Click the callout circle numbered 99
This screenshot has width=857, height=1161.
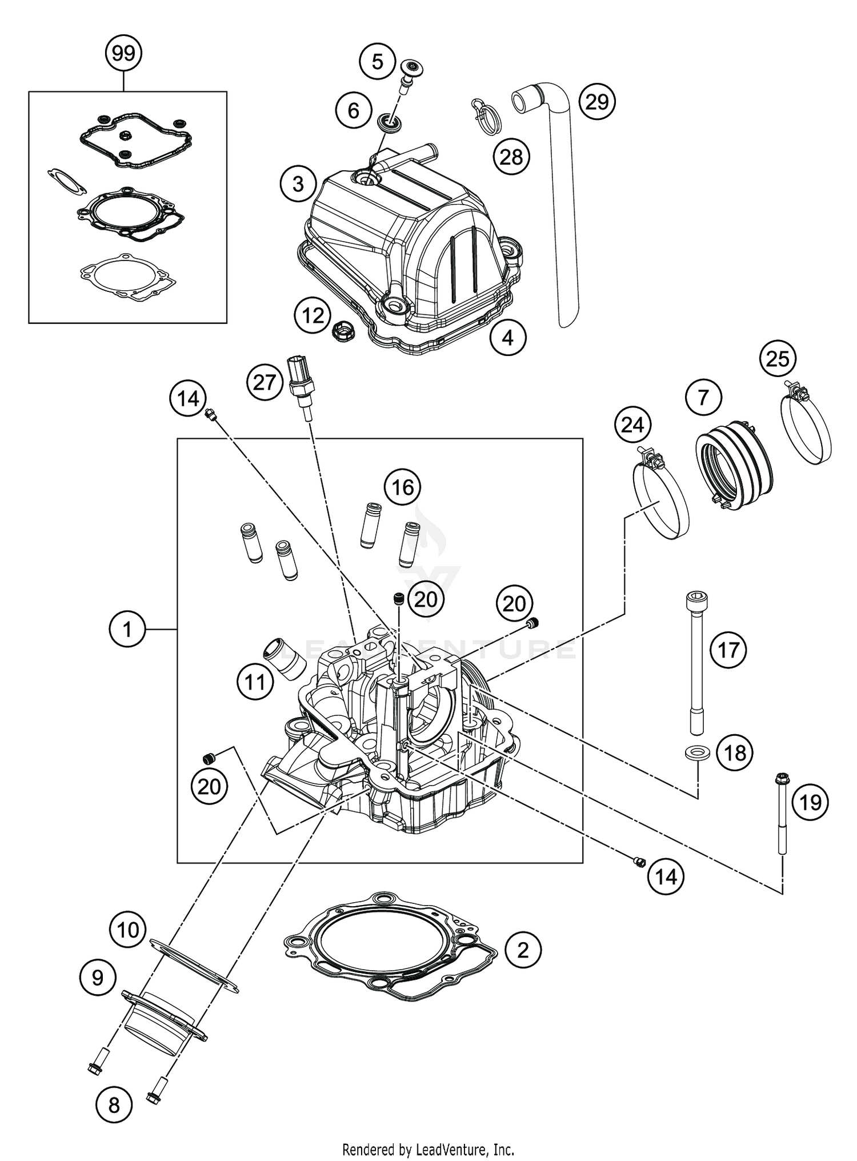(x=123, y=53)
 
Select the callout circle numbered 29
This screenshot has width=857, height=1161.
(x=596, y=102)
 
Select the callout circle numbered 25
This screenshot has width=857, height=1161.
(x=778, y=359)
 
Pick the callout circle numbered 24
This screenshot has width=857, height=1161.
(x=632, y=425)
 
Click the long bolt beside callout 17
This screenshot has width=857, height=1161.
(x=695, y=663)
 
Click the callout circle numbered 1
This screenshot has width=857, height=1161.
(x=127, y=629)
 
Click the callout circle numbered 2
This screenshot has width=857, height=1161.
(x=522, y=950)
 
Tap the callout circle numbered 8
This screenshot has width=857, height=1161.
(x=114, y=1105)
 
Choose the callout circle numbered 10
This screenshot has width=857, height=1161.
(x=127, y=930)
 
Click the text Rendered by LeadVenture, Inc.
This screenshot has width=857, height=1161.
(x=428, y=1148)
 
